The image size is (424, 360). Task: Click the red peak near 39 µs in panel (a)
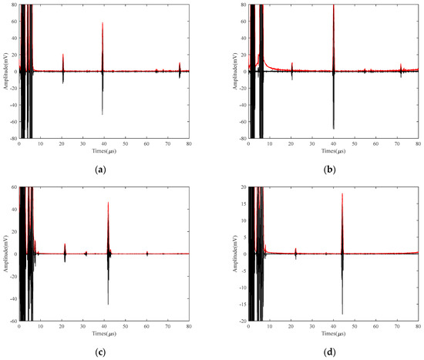coord(103,23)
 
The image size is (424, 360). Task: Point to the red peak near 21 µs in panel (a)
coord(63,55)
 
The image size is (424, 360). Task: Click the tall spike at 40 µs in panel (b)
coord(333,6)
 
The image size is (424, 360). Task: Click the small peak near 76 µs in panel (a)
coord(180,63)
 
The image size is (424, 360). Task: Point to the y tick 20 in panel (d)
coord(241,187)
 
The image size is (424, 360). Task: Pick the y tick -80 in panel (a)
coord(12,139)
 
